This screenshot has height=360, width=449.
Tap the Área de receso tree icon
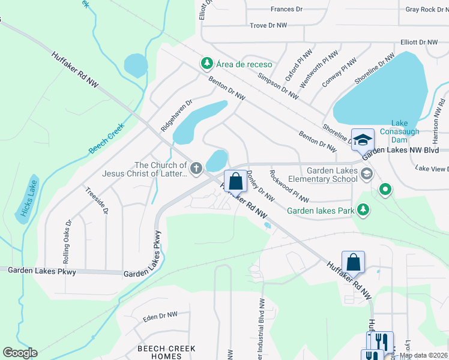coord(207,64)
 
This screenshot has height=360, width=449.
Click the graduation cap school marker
coord(363,140)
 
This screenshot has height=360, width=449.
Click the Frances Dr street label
coord(291,9)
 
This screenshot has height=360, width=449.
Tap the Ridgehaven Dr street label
coord(175,116)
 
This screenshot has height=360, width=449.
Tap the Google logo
coord(19,353)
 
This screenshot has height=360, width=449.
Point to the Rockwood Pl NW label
coord(289,187)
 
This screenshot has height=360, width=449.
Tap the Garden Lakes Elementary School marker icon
coord(367,173)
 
